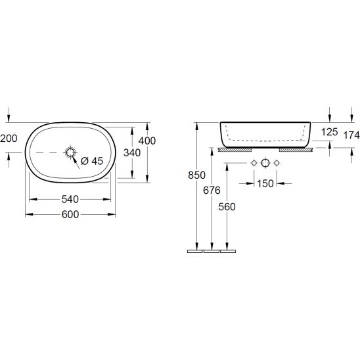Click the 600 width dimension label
70,214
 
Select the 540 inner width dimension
70,199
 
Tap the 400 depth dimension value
147,141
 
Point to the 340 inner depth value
132,152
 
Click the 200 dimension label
9,139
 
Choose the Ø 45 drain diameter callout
92,161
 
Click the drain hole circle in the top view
70,152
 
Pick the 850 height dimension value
196,175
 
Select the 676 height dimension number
212,190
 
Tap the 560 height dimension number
227,207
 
